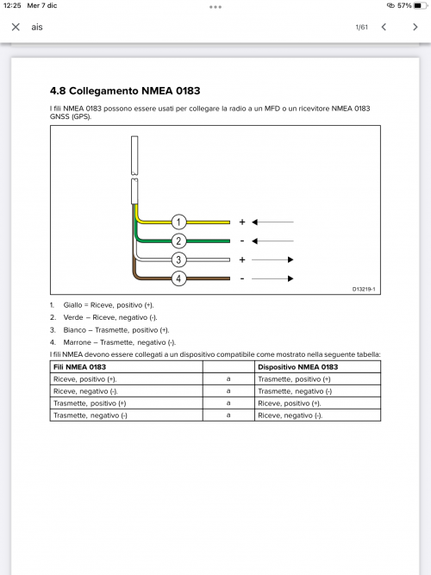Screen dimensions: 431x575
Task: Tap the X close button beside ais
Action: coord(16,27)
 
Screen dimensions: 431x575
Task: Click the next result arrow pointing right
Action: coord(415,27)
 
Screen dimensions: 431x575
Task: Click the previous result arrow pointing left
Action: coord(384,27)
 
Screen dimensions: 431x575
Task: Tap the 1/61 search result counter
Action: coord(361,27)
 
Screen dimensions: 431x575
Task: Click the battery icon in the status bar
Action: coord(419,5)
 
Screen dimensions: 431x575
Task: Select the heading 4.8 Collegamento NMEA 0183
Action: coord(125,91)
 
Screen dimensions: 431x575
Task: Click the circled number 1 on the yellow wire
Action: coord(178,222)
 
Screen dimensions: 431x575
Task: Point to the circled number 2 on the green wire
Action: coord(178,241)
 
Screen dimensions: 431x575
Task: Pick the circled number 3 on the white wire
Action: coord(178,259)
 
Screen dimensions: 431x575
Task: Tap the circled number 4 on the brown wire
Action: coord(178,278)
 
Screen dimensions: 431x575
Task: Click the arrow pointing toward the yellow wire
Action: coord(272,222)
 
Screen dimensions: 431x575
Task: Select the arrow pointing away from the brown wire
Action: coord(272,278)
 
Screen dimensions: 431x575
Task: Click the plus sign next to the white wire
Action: coord(242,259)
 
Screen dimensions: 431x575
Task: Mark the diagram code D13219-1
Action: coord(364,289)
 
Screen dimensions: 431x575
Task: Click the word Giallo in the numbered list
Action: coord(72,305)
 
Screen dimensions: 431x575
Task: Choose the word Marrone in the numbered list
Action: coord(77,342)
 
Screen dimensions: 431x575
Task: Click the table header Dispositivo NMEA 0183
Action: coord(298,367)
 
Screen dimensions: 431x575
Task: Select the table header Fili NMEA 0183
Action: coord(79,367)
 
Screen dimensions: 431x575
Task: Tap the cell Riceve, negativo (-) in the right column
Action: coord(290,416)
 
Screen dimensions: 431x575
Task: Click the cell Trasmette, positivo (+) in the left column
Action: coord(90,403)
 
